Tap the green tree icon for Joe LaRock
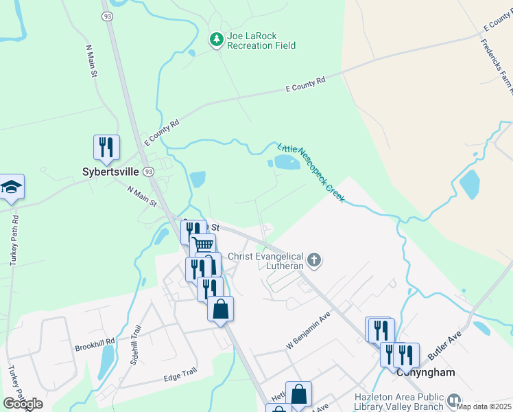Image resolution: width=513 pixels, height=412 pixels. (217, 40)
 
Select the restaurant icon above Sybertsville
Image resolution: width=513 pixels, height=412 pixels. (106, 147)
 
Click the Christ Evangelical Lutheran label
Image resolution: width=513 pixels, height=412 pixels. (265, 261)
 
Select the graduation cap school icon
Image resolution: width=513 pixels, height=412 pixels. (11, 187)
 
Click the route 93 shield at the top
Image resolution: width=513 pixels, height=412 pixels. (108, 16)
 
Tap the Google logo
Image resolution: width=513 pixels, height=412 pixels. (23, 404)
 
